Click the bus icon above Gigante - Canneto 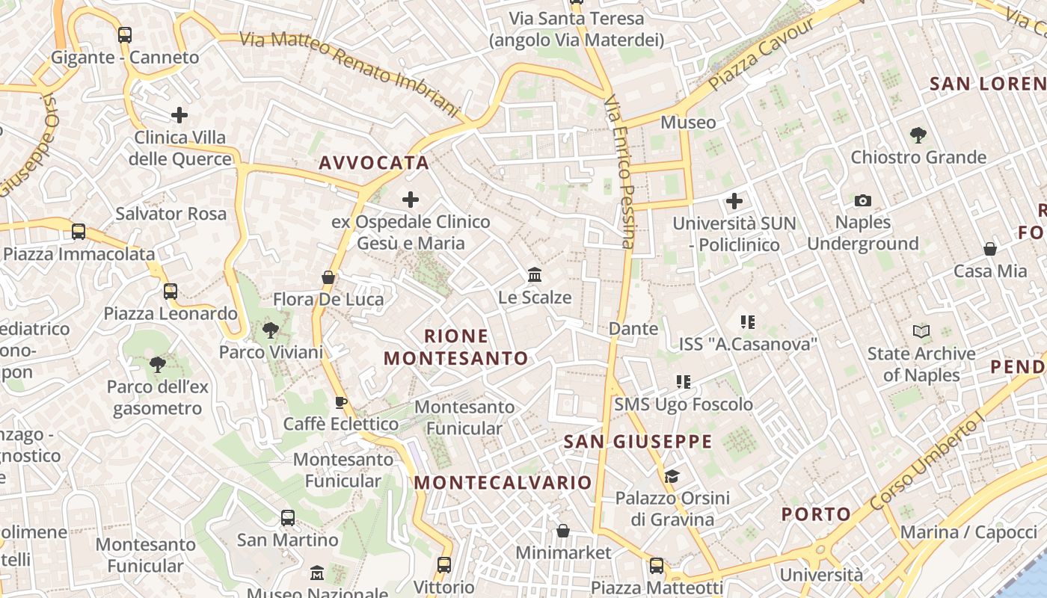tap(125, 34)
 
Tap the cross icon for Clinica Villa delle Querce tap(179, 115)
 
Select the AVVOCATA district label tap(374, 163)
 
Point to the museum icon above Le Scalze tap(535, 275)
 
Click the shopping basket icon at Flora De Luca tap(328, 277)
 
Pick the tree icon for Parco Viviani tap(271, 330)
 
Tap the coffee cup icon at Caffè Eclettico tap(341, 403)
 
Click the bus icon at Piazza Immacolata tap(79, 232)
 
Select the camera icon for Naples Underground tap(863, 200)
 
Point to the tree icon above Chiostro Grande tap(918, 135)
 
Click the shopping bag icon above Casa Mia tap(990, 249)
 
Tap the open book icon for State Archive tap(921, 331)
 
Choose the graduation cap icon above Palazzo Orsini tap(672, 476)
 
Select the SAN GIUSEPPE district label tap(638, 442)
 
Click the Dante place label tap(633, 329)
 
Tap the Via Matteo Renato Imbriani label tap(349, 73)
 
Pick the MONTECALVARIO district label tap(503, 483)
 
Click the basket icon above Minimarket tap(563, 531)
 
